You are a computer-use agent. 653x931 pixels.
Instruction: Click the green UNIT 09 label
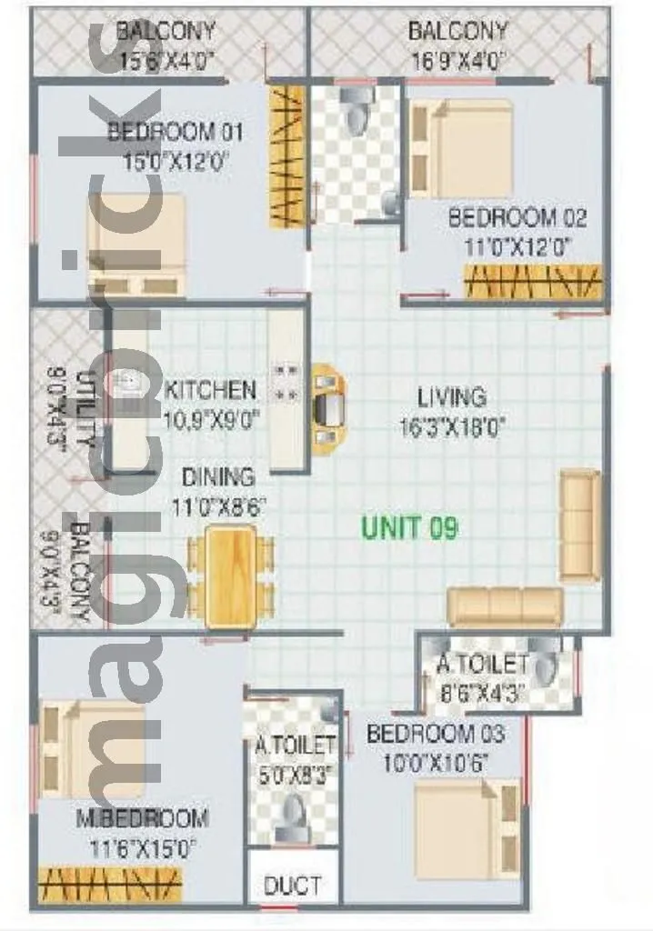tap(409, 527)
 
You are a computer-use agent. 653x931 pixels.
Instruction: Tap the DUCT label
tap(292, 885)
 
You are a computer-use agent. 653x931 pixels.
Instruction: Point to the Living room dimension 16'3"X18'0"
tap(452, 426)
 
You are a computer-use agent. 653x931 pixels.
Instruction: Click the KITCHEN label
tap(211, 391)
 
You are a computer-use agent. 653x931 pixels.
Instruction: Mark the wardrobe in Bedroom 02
tap(534, 281)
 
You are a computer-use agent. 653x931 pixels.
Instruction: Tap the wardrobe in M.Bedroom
tap(111, 884)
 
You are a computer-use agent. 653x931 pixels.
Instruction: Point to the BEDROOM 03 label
tap(435, 734)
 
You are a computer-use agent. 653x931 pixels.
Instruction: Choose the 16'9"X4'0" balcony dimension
tap(457, 60)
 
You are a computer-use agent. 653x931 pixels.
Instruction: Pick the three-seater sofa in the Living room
tap(505, 606)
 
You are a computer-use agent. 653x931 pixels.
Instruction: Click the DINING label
tap(218, 476)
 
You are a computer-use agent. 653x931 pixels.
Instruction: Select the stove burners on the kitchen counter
tap(286, 383)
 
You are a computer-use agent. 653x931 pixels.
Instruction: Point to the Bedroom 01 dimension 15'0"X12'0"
tap(176, 162)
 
